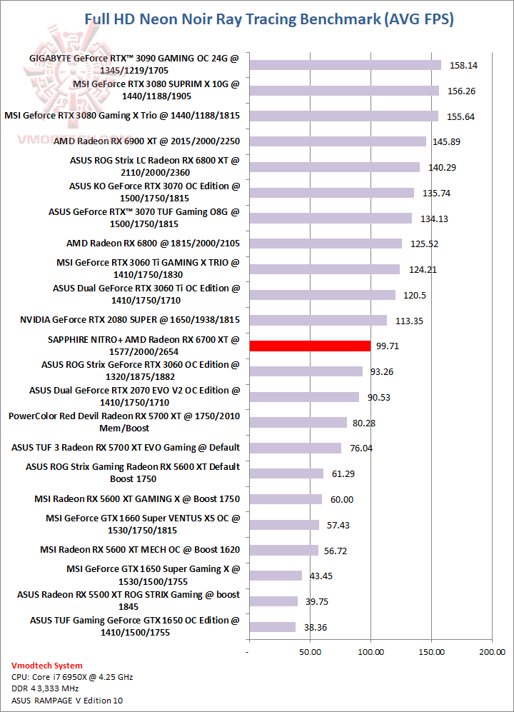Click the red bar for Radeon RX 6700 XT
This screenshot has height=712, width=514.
[309, 346]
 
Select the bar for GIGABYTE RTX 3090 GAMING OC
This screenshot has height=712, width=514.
[345, 65]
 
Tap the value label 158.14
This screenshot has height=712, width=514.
[464, 65]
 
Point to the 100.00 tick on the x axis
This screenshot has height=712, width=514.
[370, 652]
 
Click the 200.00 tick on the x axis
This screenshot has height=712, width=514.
[491, 652]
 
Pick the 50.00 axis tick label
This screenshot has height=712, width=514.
[308, 652]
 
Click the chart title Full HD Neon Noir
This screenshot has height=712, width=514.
[268, 19]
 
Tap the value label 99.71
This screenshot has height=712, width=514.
[388, 346]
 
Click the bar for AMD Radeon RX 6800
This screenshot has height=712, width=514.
[325, 244]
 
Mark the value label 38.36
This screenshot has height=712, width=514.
[315, 627]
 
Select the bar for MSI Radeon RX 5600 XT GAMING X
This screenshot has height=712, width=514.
[285, 499]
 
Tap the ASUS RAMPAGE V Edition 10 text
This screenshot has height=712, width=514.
[64, 701]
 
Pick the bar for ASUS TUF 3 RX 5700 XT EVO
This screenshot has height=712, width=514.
[295, 448]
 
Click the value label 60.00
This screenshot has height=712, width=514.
[340, 499]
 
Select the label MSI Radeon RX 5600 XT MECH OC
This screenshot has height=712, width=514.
[140, 550]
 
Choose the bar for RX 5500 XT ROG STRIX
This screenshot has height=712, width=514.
[273, 601]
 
